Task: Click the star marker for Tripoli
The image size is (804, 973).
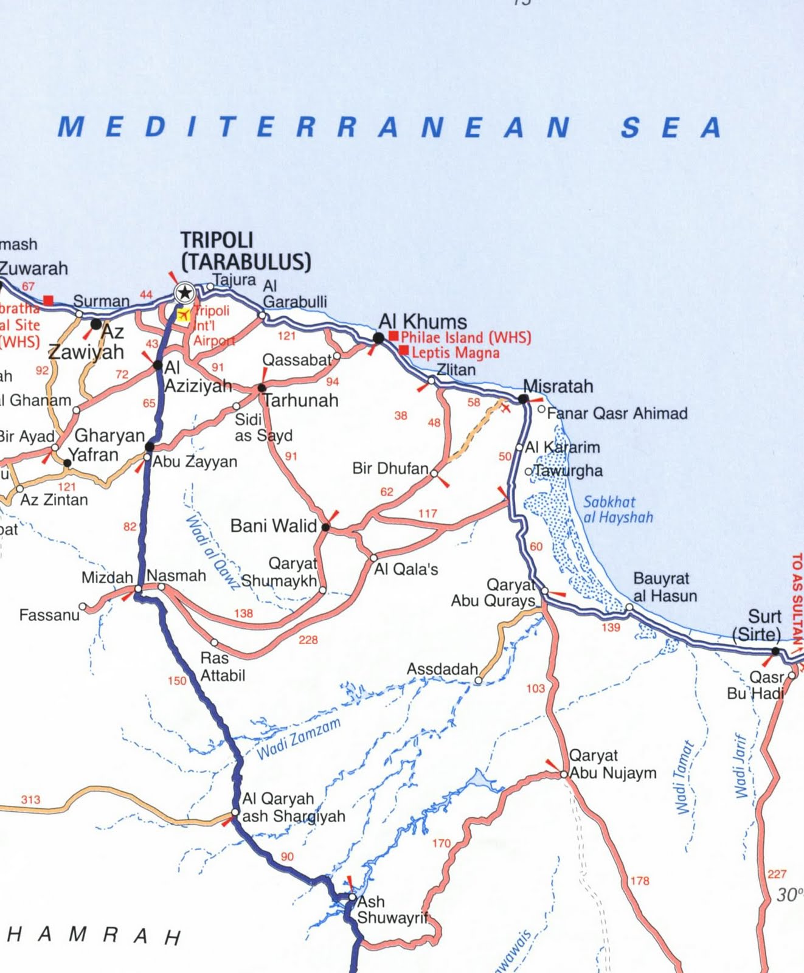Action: [x=184, y=294]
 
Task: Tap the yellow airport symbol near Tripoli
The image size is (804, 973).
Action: [x=183, y=314]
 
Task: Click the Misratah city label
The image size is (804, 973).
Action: [x=558, y=386]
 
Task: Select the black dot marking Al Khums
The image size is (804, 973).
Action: [x=378, y=338]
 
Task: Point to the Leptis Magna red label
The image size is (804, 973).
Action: [x=455, y=353]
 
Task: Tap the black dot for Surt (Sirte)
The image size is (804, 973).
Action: [x=775, y=651]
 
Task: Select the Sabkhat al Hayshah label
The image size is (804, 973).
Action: [x=617, y=510]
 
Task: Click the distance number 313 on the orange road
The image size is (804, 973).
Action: [x=30, y=800]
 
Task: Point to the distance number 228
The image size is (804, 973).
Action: [x=308, y=640]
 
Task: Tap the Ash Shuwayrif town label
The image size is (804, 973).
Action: [x=392, y=910]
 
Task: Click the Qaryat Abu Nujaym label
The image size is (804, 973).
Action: [x=612, y=764]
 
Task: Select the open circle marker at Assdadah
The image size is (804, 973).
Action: [x=479, y=680]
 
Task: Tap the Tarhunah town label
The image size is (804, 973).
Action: [x=300, y=400]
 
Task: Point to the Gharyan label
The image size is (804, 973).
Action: [x=109, y=435]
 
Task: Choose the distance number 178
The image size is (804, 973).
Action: [x=640, y=881]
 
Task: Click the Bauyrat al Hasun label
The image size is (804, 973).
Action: [x=665, y=587]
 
